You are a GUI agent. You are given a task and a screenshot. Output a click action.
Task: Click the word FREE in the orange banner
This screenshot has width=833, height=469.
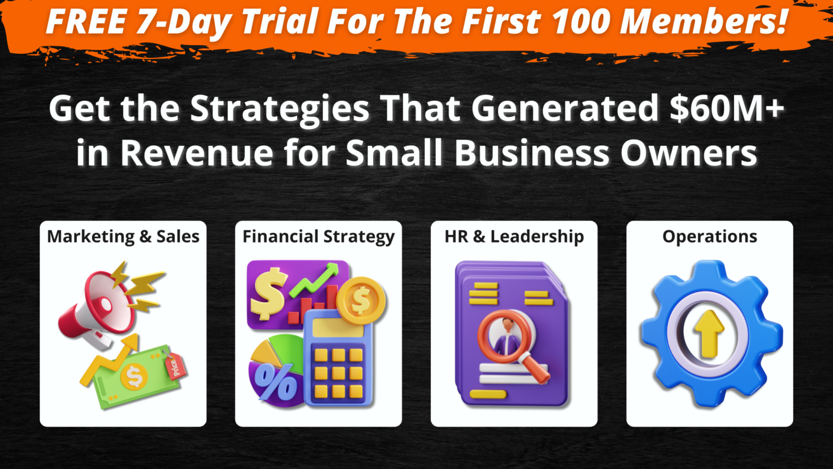[86, 21]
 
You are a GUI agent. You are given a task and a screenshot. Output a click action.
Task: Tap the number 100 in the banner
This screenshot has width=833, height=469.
[581, 21]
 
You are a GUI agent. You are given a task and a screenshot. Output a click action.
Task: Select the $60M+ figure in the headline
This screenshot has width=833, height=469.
[727, 109]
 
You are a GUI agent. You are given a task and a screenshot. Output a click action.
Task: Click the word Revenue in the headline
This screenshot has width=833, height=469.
[197, 153]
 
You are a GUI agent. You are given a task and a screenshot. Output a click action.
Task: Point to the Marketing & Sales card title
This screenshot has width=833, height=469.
[123, 237]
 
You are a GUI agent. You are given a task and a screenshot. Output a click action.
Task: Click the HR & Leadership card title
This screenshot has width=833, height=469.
[514, 237]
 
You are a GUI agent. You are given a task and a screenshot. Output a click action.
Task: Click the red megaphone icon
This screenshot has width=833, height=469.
[97, 310]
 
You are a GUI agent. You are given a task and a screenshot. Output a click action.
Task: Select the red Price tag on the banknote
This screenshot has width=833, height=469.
[175, 367]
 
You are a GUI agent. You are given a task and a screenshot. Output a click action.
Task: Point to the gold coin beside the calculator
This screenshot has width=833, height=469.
[362, 300]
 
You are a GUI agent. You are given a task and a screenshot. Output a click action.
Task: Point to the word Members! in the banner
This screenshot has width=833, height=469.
[703, 21]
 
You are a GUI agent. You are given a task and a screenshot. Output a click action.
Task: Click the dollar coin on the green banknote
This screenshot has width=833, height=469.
[134, 378]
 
